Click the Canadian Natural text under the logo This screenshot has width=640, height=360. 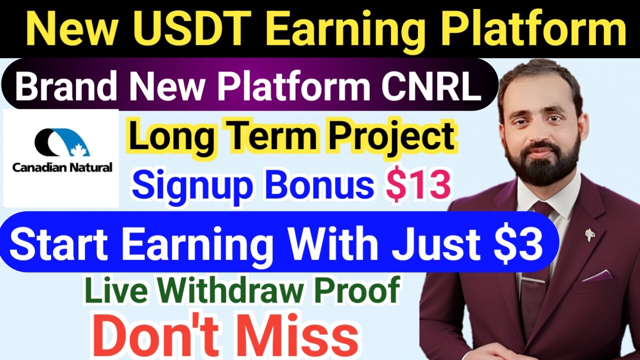click(62, 167)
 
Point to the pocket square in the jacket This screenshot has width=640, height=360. click(597, 275)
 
